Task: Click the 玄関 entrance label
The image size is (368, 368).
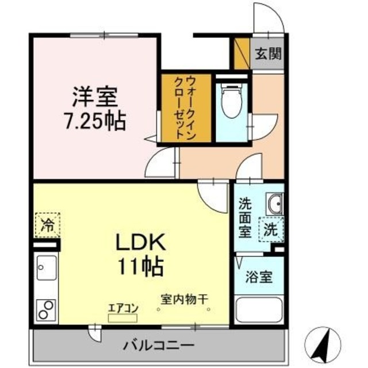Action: coord(268,55)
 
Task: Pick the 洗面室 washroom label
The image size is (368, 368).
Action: coord(245,218)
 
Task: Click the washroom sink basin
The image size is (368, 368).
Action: coord(274,204)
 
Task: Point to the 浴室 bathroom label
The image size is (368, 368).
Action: coord(260,276)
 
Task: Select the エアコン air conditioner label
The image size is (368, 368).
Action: coord(123,308)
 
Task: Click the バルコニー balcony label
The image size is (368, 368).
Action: coord(159,346)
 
